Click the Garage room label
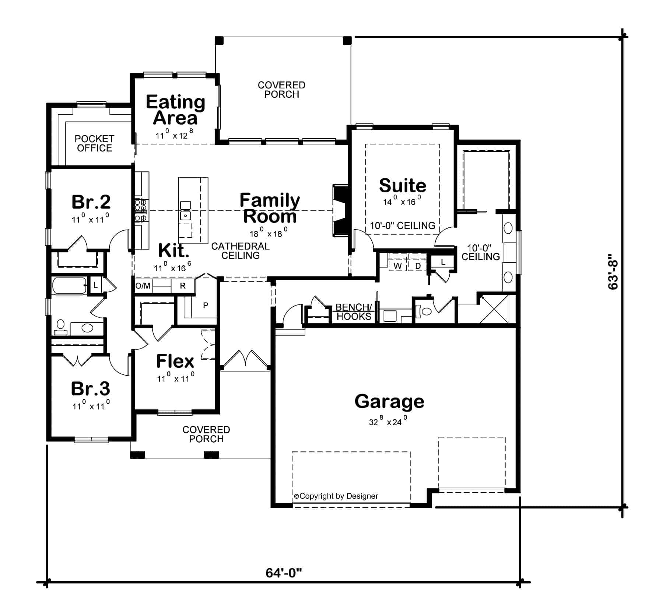coord(389,401)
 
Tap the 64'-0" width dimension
coord(284,573)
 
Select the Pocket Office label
coord(94,143)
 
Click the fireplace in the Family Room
coord(341,210)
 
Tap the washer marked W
coord(397,266)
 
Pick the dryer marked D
coord(418,266)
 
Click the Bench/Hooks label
coord(354,312)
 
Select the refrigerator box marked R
coord(183,286)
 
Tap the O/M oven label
coord(143,286)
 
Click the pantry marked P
coord(206,305)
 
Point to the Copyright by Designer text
coord(336,496)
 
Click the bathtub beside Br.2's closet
coord(69,286)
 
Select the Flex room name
coord(175,361)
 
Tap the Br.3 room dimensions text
coord(91,406)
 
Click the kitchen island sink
coord(186,216)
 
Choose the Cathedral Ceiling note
coord(240,251)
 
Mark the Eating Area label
coord(175,110)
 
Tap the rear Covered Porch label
coord(281,90)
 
